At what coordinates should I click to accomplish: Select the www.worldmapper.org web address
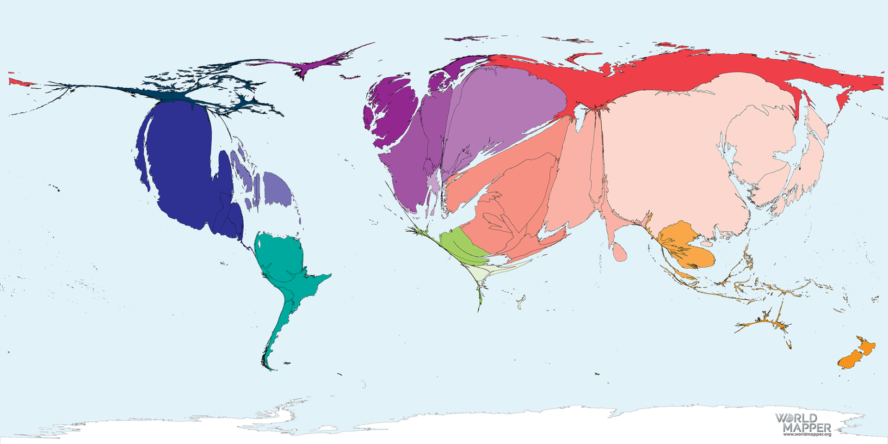pyautogui.click(x=807, y=434)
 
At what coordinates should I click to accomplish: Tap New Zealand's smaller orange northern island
pyautogui.click(x=866, y=347)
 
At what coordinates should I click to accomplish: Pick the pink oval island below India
pyautogui.click(x=620, y=253)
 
